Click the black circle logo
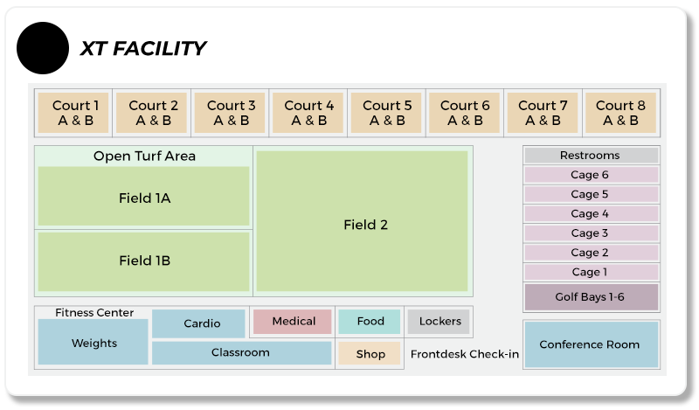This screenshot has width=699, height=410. tap(43, 48)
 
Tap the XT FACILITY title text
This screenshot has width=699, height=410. tap(142, 48)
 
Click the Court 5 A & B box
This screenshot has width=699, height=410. tap(386, 113)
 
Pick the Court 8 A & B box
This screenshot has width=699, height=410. tap(620, 113)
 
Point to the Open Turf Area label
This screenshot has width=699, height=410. tap(144, 156)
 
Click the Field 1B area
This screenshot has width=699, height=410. tap(143, 261)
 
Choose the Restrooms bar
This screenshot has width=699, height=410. tap(591, 156)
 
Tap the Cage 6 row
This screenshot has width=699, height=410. tap(591, 175)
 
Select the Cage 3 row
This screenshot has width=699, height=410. tap(591, 233)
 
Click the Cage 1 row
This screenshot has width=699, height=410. tap(591, 272)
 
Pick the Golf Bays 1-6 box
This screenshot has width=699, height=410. tap(591, 297)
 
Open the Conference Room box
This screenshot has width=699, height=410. tap(592, 344)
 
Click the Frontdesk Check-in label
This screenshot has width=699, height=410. tap(465, 354)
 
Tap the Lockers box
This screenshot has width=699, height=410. tap(439, 322)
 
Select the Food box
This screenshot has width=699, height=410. tap(370, 322)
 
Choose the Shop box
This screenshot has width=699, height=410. tap(370, 354)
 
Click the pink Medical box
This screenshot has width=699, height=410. tap(293, 322)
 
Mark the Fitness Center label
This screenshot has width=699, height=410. tap(94, 313)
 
